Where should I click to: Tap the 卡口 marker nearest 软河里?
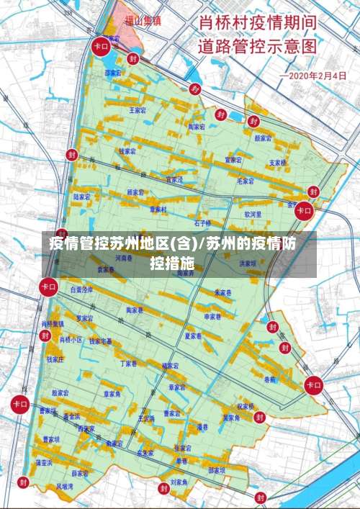point(304,211)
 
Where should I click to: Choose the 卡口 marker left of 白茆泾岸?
point(49,287)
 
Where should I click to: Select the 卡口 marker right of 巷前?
point(314,384)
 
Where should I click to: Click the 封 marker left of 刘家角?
point(163,488)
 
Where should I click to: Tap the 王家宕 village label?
point(138,111)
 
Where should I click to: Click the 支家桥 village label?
point(277,163)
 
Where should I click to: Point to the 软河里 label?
point(252,214)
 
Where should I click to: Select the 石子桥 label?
point(202,223)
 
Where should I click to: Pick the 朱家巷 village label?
point(223,293)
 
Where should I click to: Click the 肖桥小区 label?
point(71,339)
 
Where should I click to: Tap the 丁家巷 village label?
point(128,364)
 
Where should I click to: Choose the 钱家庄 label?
point(55,359)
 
